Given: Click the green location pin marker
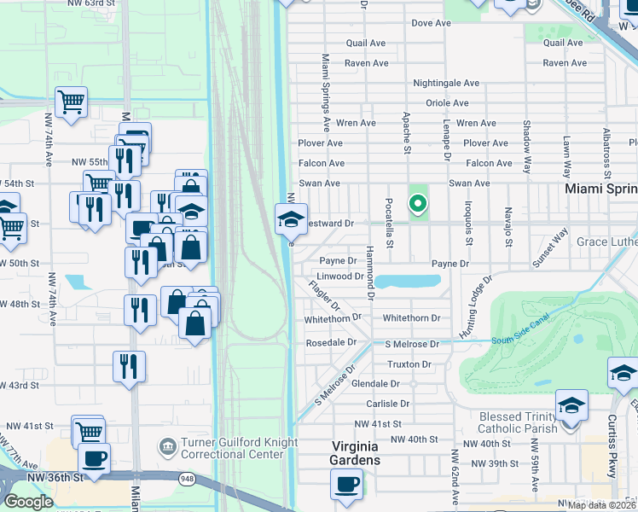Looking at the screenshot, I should point(417,204).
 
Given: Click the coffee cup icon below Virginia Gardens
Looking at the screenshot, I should point(347,485).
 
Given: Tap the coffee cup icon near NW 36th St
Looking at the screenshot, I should point(94,457).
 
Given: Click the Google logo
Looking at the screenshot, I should point(28,501).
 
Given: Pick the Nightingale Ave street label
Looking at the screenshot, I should point(446,84).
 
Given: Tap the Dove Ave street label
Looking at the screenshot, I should point(431,23).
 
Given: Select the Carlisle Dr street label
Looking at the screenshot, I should point(388,404).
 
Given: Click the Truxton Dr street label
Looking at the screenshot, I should point(409,364).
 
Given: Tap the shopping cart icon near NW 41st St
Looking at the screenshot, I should point(88,431).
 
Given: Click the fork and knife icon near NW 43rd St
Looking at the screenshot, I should point(129,367).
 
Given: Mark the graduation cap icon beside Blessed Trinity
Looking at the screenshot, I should point(571,405).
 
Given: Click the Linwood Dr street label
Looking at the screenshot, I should point(340,276).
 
